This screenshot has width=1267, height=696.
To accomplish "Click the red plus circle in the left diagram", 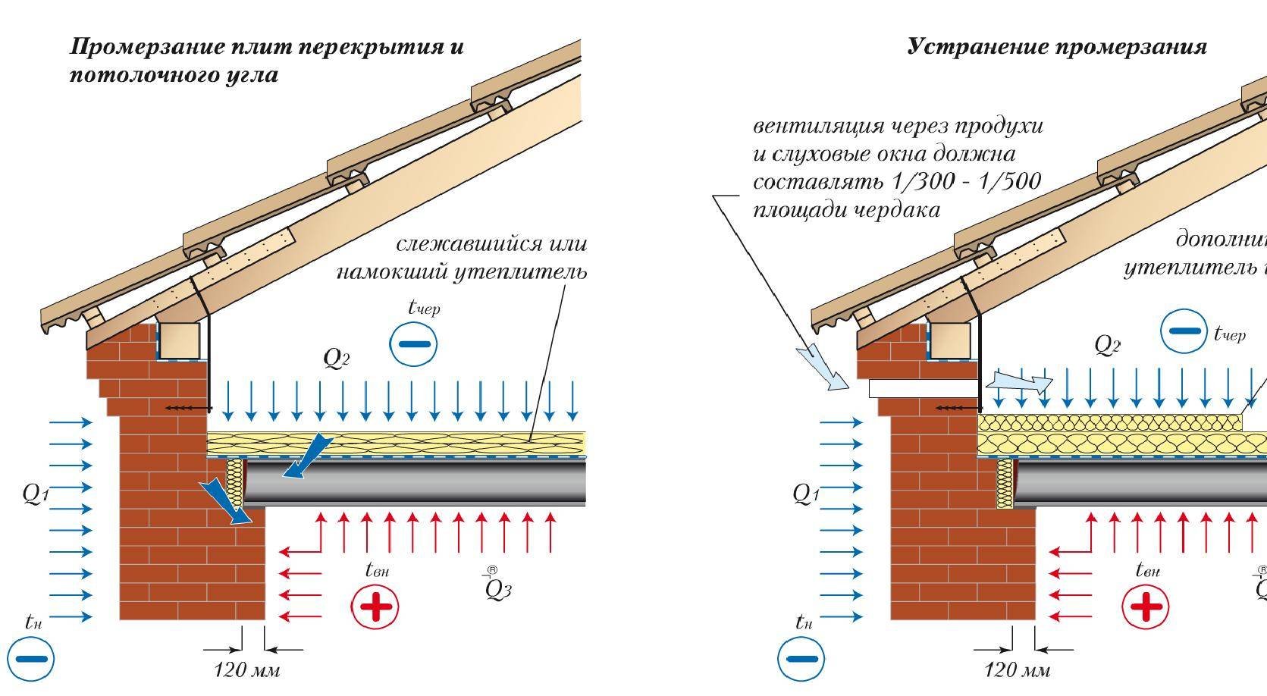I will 375,606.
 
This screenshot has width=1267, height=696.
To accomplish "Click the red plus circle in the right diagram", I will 1145,606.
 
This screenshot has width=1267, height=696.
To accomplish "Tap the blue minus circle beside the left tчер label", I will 413,343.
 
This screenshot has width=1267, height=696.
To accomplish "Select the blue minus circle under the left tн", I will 31,657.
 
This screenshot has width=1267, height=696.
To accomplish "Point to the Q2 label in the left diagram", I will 336,358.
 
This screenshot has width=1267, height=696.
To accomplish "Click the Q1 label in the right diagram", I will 805,494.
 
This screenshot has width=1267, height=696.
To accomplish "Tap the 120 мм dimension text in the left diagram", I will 246,669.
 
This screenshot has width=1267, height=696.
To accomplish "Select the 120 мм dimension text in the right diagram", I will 1017,669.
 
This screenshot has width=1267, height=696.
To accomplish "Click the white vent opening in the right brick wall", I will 921,388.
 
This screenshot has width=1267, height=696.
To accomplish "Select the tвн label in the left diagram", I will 376,569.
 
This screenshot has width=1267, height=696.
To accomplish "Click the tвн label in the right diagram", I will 1146,569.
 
